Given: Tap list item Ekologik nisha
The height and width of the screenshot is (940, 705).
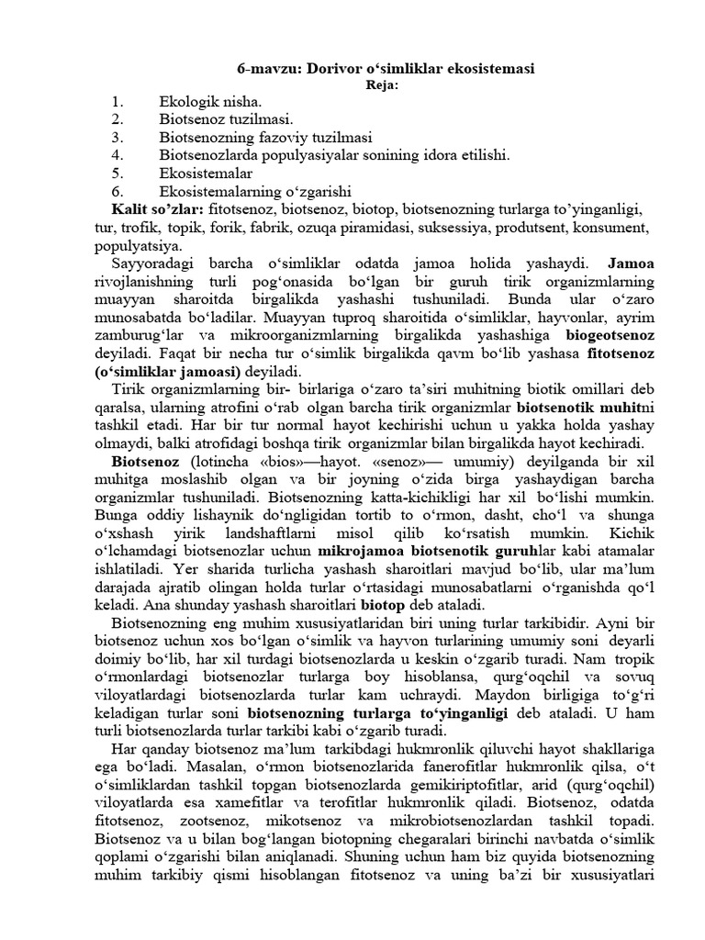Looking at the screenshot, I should [x=210, y=102].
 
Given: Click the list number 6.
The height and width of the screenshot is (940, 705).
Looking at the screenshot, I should [x=117, y=191].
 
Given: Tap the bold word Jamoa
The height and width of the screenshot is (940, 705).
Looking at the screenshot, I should [x=631, y=263].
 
